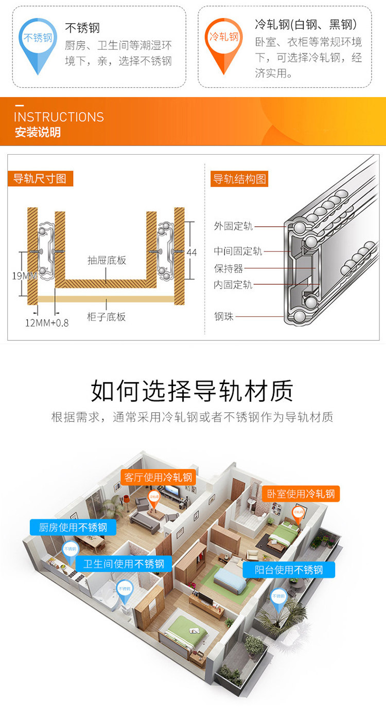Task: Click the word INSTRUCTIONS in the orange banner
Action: tap(59, 117)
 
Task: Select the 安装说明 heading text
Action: tap(38, 132)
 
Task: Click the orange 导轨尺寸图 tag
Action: tap(40, 179)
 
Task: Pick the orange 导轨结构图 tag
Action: tap(240, 179)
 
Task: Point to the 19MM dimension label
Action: tap(24, 276)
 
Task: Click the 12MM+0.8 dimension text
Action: tap(47, 323)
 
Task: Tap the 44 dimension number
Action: tap(191, 252)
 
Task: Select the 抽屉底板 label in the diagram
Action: tap(107, 260)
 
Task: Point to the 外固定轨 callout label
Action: tap(233, 226)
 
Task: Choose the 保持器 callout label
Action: tap(229, 268)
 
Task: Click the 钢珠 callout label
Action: tap(224, 316)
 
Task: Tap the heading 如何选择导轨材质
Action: tap(192, 391)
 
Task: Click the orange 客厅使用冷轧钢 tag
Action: tap(158, 477)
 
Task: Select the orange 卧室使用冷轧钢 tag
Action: tap(301, 494)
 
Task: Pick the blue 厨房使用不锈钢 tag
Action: tap(73, 527)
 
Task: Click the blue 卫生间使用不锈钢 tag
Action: tap(124, 563)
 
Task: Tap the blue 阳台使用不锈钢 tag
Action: tap(289, 570)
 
